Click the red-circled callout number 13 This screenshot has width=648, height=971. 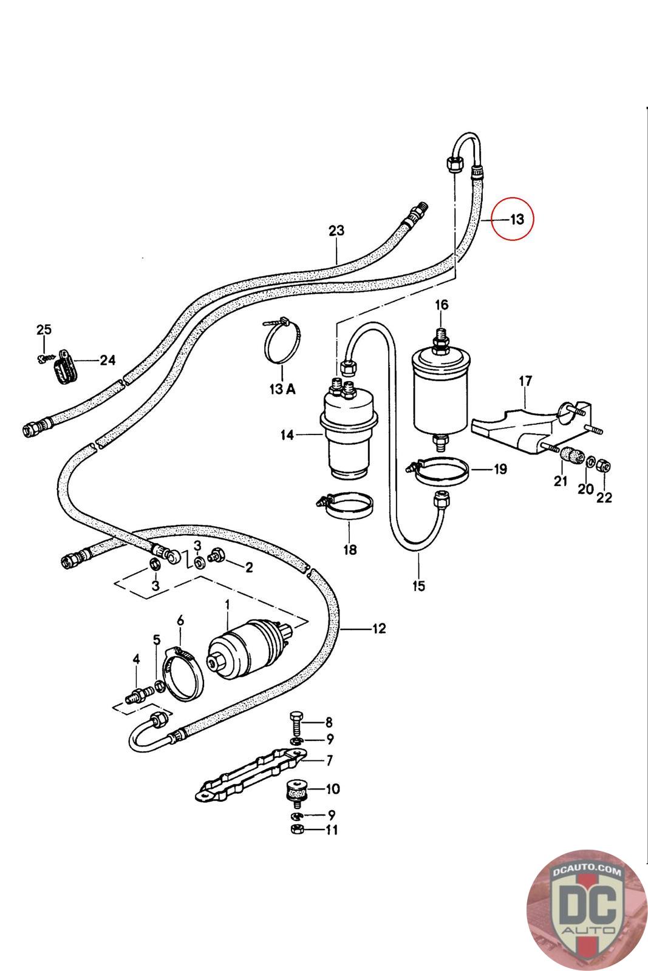click(516, 218)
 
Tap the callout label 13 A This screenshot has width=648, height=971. click(282, 389)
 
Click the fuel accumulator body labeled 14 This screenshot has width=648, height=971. click(347, 435)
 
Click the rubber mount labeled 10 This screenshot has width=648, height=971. click(298, 791)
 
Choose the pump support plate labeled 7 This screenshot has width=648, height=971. click(249, 776)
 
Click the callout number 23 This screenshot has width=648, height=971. click(336, 231)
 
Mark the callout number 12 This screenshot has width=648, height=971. click(379, 628)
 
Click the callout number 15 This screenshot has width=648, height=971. click(419, 586)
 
